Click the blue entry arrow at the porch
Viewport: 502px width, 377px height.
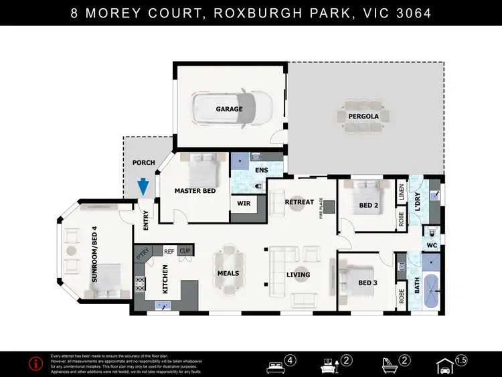pos(143,186)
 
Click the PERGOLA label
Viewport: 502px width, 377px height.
pos(363,117)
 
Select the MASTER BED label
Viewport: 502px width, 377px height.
pos(194,191)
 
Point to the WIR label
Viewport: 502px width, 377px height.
pos(244,204)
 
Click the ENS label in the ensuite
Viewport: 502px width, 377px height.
pos(262,170)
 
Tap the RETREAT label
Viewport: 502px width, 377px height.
pos(299,202)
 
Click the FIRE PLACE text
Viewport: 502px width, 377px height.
pos(321,208)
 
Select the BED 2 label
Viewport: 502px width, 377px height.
pos(368,204)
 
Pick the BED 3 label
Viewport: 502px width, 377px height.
pos(367,283)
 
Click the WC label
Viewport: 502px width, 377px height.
pos(432,246)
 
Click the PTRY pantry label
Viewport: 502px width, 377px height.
pos(142,253)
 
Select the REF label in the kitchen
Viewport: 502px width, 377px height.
pos(169,250)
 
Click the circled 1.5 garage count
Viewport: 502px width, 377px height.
pos(461,360)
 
